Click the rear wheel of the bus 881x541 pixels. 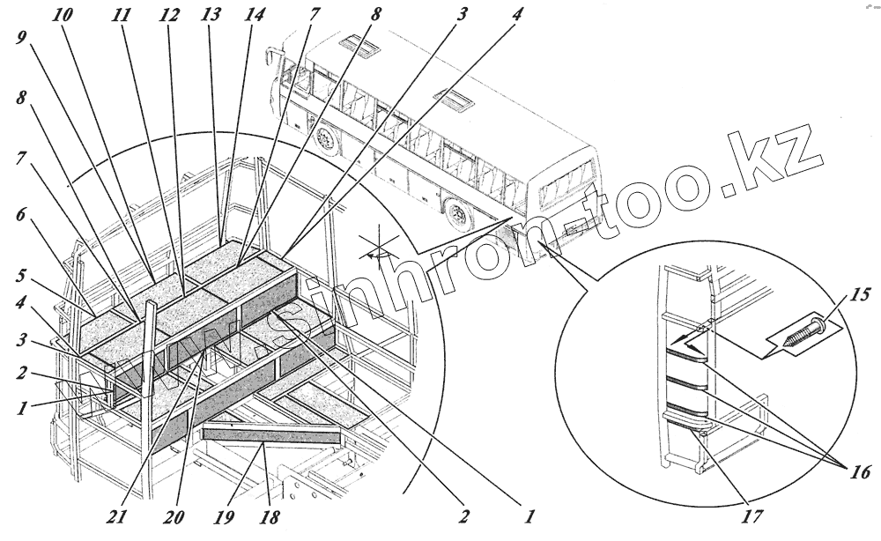(x=458, y=213)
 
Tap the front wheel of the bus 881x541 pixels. (x=329, y=139)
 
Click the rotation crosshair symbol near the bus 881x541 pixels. (x=381, y=248)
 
